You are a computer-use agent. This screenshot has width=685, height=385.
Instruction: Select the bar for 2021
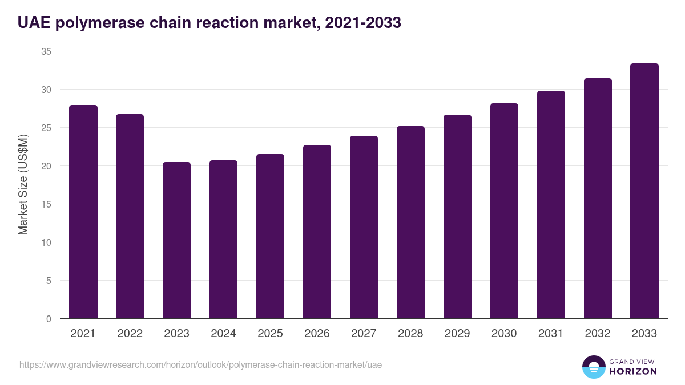[x=83, y=212]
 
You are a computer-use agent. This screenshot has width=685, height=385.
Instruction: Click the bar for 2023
[x=176, y=240]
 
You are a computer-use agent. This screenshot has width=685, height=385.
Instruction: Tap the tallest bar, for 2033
[x=644, y=191]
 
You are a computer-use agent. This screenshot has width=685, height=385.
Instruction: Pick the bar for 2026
[x=317, y=232]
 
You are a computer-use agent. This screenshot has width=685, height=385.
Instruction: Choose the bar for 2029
[x=457, y=217]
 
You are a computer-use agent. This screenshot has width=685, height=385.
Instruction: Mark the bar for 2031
[x=551, y=205]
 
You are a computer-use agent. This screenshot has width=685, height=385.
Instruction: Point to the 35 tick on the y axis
[x=46, y=51]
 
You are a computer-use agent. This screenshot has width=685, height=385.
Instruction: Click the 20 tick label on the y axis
[x=46, y=166]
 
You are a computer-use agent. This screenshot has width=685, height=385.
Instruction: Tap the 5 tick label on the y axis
[x=49, y=281]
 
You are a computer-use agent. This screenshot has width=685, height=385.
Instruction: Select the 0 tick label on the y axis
[x=49, y=319]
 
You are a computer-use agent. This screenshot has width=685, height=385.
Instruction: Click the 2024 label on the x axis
[x=223, y=334]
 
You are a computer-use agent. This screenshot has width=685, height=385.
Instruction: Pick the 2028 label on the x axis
[x=410, y=334]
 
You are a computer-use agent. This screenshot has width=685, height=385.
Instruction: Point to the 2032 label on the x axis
[x=598, y=334]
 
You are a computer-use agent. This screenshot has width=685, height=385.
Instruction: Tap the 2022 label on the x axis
[x=130, y=334]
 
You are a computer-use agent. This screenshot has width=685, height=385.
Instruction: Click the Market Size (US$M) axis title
[x=23, y=184]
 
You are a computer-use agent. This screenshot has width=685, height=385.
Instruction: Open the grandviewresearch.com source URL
[x=200, y=364]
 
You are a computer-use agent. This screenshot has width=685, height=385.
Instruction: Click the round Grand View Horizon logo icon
[x=593, y=367]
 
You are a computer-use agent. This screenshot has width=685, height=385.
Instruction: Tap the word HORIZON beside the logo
[x=634, y=371]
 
